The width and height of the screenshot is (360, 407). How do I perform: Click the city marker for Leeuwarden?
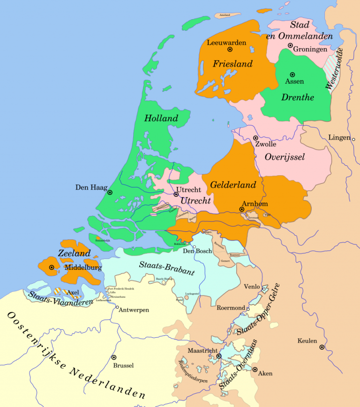pyautogui.click(x=230, y=49)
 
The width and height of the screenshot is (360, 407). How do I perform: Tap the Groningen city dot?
pyautogui.click(x=290, y=45)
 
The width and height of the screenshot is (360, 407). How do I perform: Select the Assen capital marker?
pyautogui.click(x=292, y=74)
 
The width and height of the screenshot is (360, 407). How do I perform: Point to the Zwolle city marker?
pyautogui.click(x=255, y=138)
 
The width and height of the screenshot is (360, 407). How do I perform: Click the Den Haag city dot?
pyautogui.click(x=110, y=192)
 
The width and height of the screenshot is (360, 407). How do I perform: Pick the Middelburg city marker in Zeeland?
pyautogui.click(x=51, y=267)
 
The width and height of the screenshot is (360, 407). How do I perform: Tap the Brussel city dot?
pyautogui.click(x=113, y=357)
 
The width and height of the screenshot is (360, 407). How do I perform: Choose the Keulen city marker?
pyautogui.click(x=322, y=347)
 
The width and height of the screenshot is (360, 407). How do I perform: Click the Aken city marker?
pyautogui.click(x=255, y=369)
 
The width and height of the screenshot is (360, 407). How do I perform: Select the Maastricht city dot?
pyautogui.click(x=218, y=356)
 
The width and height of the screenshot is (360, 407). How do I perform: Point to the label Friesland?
pyautogui.click(x=232, y=64)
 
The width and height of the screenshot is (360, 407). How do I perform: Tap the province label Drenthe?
pyautogui.click(x=298, y=97)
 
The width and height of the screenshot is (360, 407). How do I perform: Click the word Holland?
pyautogui.click(x=161, y=118)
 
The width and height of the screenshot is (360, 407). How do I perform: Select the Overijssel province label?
pyautogui.click(x=285, y=157)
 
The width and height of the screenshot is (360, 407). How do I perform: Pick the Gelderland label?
pyautogui.click(x=233, y=185)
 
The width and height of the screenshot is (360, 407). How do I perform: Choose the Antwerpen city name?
pyautogui.click(x=135, y=310)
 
